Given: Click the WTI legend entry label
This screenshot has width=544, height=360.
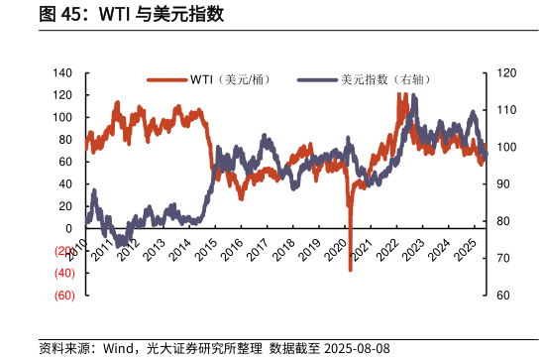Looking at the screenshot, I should click(236, 80).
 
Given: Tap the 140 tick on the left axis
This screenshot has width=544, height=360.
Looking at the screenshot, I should click(63, 73).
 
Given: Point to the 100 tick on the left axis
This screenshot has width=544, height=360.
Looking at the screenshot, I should click(63, 117).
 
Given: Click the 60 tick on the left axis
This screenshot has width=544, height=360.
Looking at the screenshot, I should click(66, 162).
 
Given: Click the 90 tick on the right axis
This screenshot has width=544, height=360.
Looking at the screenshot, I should click(501, 184).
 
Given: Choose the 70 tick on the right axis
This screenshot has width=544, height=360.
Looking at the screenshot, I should click(501, 258).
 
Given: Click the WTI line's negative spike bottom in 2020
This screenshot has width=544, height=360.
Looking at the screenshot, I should click(351, 269).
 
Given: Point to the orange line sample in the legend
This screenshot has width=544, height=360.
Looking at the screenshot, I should click(166, 80).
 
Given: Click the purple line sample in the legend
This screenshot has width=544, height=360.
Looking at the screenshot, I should click(316, 80).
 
